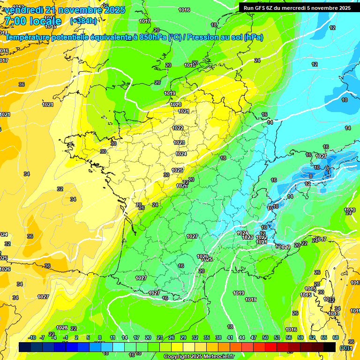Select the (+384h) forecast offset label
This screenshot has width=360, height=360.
click(x=83, y=21)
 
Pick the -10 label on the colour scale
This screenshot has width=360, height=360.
click(x=32, y=337)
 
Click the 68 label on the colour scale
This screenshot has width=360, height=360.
click(x=336, y=337)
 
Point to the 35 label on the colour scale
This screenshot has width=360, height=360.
click(x=207, y=337)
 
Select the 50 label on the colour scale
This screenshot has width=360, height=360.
click(x=265, y=337)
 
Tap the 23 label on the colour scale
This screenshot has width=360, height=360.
click(x=160, y=337)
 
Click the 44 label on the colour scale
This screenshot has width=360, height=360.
click(x=242, y=337)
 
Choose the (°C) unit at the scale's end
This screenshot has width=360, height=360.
click(x=345, y=348)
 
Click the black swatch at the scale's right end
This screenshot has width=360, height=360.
click(x=330, y=347)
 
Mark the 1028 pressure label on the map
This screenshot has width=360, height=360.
click(x=62, y=328)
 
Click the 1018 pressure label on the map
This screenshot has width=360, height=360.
click(x=251, y=300)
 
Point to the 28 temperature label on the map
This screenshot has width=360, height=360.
click(x=139, y=205)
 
